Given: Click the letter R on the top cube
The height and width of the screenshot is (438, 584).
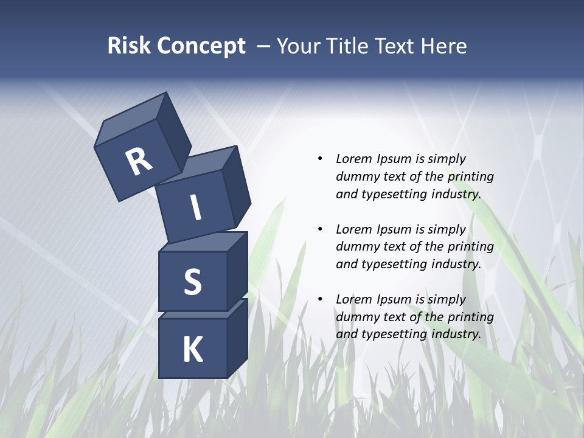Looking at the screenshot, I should point(139,161).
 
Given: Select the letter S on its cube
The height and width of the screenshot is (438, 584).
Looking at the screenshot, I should point(192,282).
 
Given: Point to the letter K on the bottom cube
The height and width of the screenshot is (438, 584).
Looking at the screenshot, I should point(192,350).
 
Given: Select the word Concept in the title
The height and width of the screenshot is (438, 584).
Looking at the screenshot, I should point(201,46).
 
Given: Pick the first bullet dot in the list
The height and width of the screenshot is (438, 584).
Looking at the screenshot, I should point(320,159).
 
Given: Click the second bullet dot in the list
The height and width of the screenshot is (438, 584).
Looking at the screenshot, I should point(320,229).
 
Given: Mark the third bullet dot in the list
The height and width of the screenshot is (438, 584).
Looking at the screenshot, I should point(320,299).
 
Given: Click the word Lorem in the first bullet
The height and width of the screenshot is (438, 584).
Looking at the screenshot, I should point(353,159).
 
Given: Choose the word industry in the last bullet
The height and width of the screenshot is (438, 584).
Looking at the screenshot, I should point(456,334).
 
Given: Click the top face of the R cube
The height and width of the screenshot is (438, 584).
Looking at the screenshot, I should point(131,120).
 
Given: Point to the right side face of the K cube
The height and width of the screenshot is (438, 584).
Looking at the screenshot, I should point(237,338).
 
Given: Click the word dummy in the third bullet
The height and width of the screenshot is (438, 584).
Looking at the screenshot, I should point(354,316).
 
